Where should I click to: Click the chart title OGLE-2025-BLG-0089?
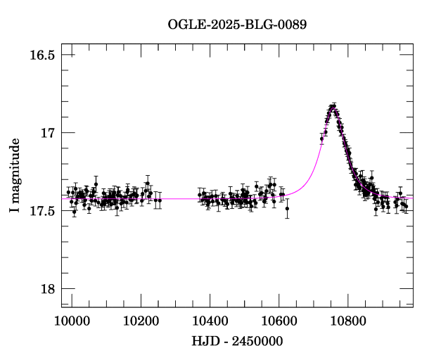(237, 25)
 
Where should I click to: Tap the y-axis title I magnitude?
(14, 176)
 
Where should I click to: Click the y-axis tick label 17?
(47, 133)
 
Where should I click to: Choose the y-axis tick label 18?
(47, 289)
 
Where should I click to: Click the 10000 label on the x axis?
(72, 320)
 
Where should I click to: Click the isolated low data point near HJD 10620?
(287, 208)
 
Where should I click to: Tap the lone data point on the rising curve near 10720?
(321, 139)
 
